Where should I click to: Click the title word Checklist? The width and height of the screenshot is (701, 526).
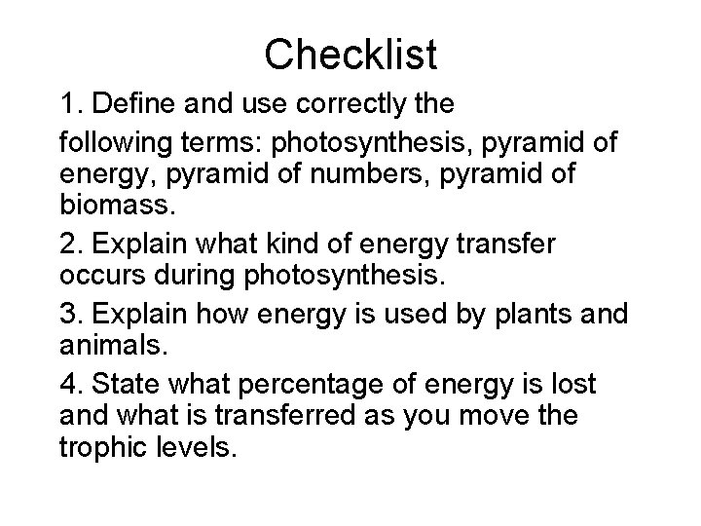(x=350, y=55)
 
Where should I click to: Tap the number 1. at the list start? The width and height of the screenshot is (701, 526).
(x=70, y=102)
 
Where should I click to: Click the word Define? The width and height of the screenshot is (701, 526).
(x=129, y=102)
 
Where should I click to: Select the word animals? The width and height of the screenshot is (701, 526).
(x=105, y=346)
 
